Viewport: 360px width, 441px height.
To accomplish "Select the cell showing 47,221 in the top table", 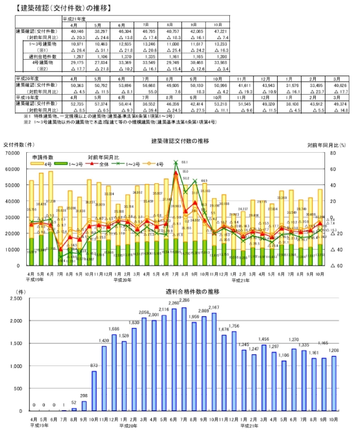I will pyautogui.click(x=217, y=31).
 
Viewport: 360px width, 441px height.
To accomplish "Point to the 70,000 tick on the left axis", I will pyautogui.click(x=11, y=153).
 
